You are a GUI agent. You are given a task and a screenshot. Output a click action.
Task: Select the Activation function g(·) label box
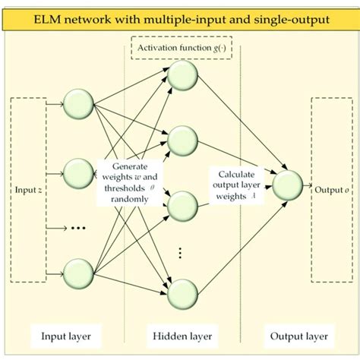pos(181,51)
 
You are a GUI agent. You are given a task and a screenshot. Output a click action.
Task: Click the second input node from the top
pos(79,173)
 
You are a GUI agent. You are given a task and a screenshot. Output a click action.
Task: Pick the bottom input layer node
pos(79,272)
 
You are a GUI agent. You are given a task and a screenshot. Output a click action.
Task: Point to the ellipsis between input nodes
pos(78,227)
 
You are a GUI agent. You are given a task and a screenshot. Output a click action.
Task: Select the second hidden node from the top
pos(183,140)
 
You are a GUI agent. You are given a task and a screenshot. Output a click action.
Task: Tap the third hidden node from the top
pos(183,206)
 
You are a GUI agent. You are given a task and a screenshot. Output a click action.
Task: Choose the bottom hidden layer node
pos(183,293)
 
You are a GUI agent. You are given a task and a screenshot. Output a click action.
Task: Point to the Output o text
pos(332,189)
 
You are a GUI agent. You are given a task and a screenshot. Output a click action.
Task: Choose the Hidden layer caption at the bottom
pos(182,334)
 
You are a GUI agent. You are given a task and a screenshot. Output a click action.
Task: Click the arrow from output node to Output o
pos(308,185)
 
